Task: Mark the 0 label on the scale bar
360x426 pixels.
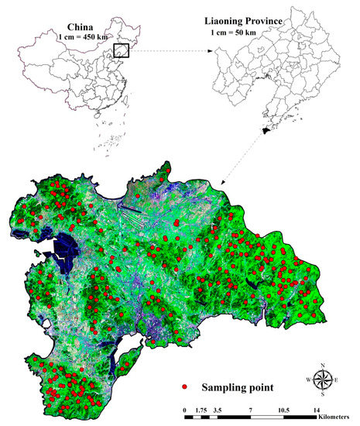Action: [184, 408]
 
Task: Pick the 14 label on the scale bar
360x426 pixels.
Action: [316, 408]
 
